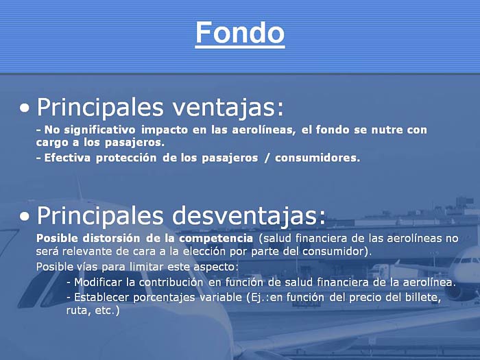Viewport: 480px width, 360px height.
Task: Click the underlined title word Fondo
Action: click(240, 33)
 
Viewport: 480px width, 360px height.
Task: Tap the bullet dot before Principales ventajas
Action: click(25, 108)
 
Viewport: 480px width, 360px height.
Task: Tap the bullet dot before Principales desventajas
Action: click(25, 217)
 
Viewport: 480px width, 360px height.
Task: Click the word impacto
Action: click(165, 130)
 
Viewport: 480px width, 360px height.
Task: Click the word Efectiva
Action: click(67, 158)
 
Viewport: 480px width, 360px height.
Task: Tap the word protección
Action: click(126, 158)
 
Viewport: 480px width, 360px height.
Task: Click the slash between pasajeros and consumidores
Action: click(267, 158)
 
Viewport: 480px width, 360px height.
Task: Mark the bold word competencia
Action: click(216, 239)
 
